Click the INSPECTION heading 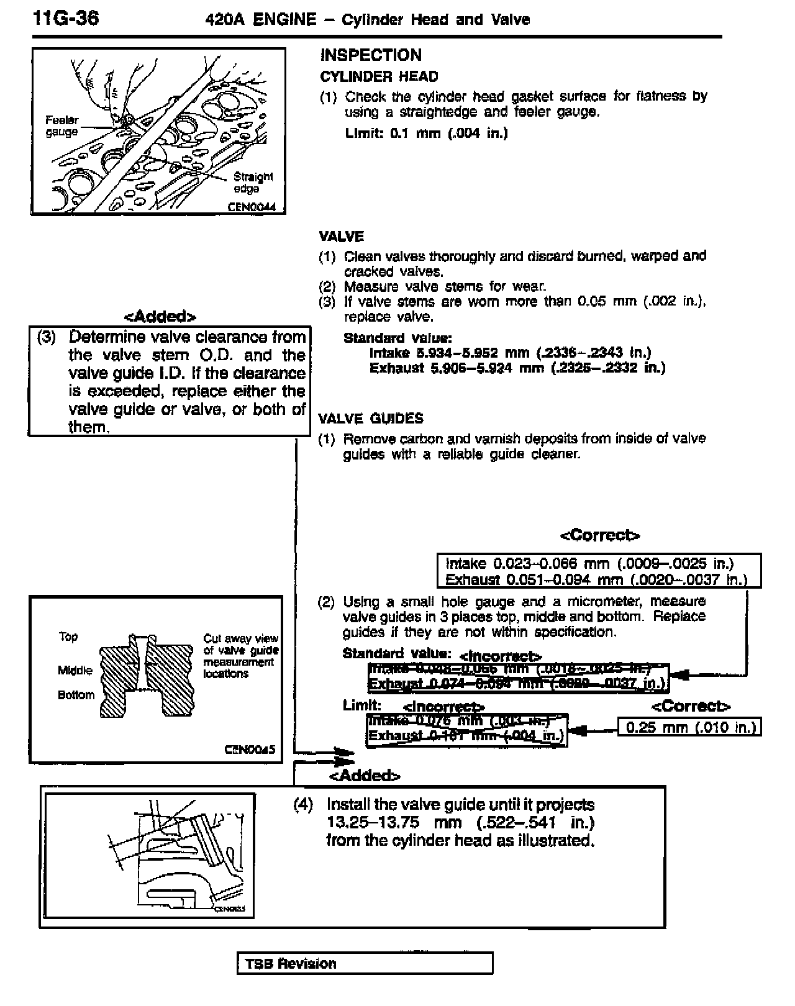pos(371,55)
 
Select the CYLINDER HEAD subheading pos(379,77)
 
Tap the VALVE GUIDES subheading pos(371,419)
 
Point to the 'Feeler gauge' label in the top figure pos(62,126)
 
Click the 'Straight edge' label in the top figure pos(252,182)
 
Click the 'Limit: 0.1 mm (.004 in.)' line pos(426,133)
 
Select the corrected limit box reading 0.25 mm pos(690,727)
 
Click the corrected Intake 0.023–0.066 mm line pos(589,563)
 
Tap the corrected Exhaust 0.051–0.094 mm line pos(596,580)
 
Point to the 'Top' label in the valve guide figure pos(68,637)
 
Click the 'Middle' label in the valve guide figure pos(75,670)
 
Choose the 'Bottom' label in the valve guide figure pos(76,695)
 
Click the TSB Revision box pos(365,964)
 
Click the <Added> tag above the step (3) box pos(161,317)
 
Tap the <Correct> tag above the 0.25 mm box pos(691,707)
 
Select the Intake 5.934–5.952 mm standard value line pos(510,353)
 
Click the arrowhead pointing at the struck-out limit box pos(578,731)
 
